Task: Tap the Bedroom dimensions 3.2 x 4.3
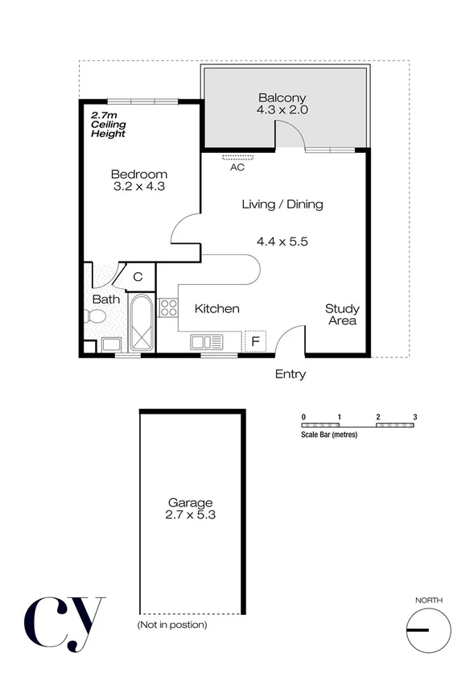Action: point(139,188)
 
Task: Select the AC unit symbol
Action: point(237,157)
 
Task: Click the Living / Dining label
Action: point(282,204)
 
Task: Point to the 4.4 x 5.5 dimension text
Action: point(282,241)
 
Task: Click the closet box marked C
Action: point(138,277)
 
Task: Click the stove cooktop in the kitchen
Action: point(168,307)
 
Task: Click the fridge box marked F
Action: point(256,341)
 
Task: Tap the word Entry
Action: point(291,374)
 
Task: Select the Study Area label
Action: point(342,315)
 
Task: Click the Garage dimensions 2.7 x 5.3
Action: point(192,518)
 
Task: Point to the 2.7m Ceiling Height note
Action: point(108,124)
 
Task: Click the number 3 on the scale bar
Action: point(414,416)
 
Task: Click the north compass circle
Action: point(428,630)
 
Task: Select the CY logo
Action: point(64,622)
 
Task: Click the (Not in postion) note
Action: point(171,625)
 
